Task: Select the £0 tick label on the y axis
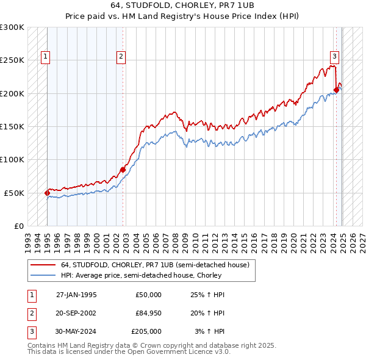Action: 19,226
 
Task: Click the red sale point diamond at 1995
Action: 48,193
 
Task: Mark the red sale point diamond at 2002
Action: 123,170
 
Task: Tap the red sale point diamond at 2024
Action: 336,90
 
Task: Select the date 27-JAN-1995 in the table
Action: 76,295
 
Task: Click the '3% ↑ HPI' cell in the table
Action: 210,331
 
